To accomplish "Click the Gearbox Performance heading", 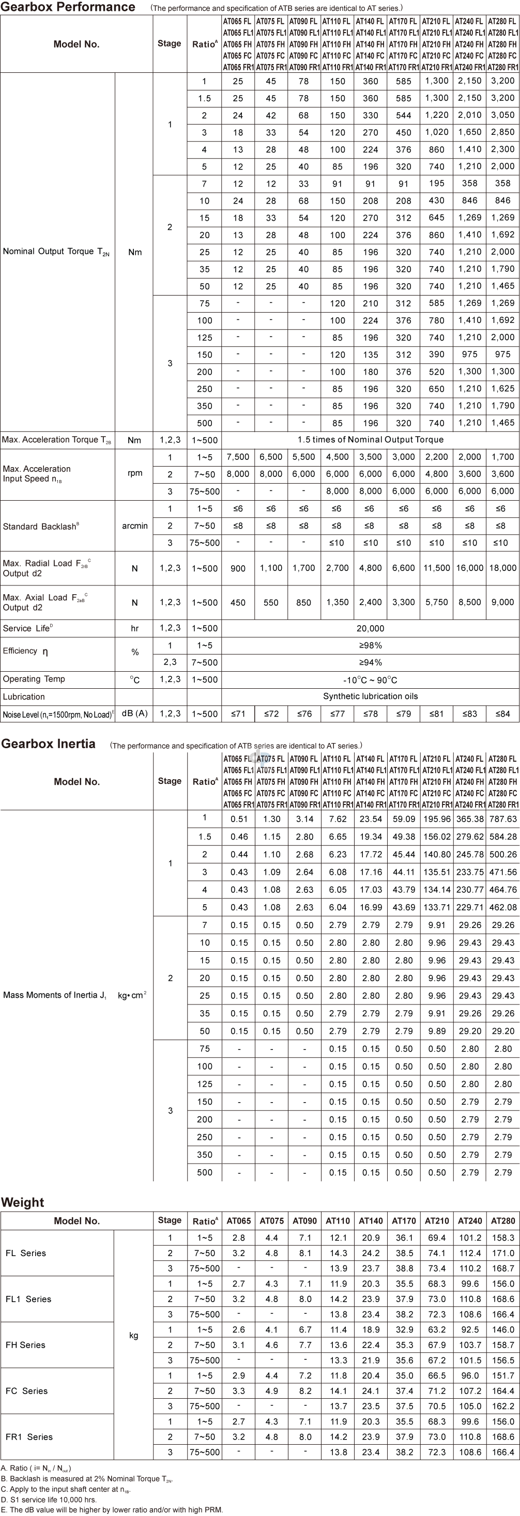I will pos(68,7).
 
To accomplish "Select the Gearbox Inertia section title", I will pos(48,744).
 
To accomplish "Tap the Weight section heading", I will pos(23,1202).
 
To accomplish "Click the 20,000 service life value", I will pos(371,628).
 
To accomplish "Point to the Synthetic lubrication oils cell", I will pos(371,696).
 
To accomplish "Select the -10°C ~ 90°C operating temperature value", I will pos(371,680).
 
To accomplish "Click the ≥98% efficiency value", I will pos(371,645).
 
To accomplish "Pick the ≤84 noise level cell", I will pos(503,714).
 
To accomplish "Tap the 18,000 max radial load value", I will pos(503,568).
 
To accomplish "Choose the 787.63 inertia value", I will pos(503,818).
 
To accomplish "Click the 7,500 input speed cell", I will pos(238,457).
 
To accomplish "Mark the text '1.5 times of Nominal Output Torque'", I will pos(371,440).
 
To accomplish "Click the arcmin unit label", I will pos(135,525).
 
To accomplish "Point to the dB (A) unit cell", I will pos(135,713).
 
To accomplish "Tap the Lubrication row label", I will pos(24,697).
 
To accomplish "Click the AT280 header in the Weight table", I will pos(503,1220).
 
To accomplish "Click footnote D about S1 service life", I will pos(49,1499).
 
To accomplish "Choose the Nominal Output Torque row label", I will pos(56,252).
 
